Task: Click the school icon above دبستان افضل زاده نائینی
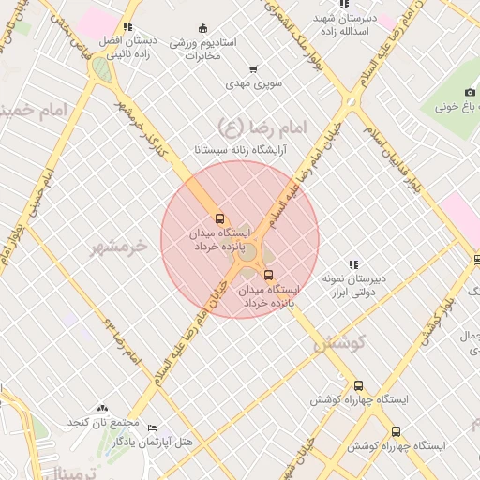pyautogui.click(x=127, y=27)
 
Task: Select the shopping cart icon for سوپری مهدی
pyautogui.click(x=253, y=69)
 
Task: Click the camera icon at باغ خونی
pyautogui.click(x=470, y=92)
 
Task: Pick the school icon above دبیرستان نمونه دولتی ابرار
pyautogui.click(x=353, y=265)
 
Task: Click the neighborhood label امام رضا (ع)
pyautogui.click(x=243, y=127)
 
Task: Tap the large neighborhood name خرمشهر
pyautogui.click(x=118, y=247)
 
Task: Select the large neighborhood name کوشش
pyautogui.click(x=337, y=344)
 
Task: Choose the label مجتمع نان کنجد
pyautogui.click(x=103, y=423)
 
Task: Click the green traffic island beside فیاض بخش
pyautogui.click(x=98, y=68)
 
